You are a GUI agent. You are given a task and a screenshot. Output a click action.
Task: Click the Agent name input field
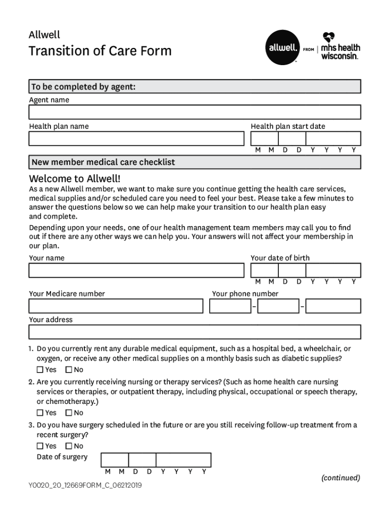pos(194,112)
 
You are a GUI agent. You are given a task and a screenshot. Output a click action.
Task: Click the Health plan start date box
pos(306,139)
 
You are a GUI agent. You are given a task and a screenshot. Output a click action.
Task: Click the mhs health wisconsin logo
pos(341,46)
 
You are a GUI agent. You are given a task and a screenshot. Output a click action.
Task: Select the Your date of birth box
pos(306,271)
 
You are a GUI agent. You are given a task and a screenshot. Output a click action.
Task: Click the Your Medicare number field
pos(116,306)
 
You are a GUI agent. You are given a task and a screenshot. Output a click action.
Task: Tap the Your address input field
pos(194,332)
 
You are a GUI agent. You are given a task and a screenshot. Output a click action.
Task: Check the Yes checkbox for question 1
pos(40,370)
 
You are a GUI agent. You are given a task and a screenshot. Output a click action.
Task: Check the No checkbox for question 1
pos(69,370)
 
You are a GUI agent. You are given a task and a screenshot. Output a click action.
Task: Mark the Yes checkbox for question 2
pos(40,413)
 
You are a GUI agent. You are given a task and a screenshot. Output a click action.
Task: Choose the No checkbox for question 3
pos(69,446)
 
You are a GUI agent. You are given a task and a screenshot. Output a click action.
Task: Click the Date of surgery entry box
pos(156,460)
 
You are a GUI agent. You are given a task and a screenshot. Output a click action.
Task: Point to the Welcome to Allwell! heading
pos(75,179)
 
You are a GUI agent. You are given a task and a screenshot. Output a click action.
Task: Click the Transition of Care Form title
pos(100,51)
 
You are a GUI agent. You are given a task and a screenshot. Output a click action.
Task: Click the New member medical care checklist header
pos(103,162)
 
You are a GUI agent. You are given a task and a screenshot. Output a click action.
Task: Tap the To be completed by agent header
pos(83,87)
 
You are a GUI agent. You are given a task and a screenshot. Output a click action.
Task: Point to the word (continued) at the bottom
pos(341,478)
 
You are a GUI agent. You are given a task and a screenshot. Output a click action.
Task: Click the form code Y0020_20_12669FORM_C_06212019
pos(85,486)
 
